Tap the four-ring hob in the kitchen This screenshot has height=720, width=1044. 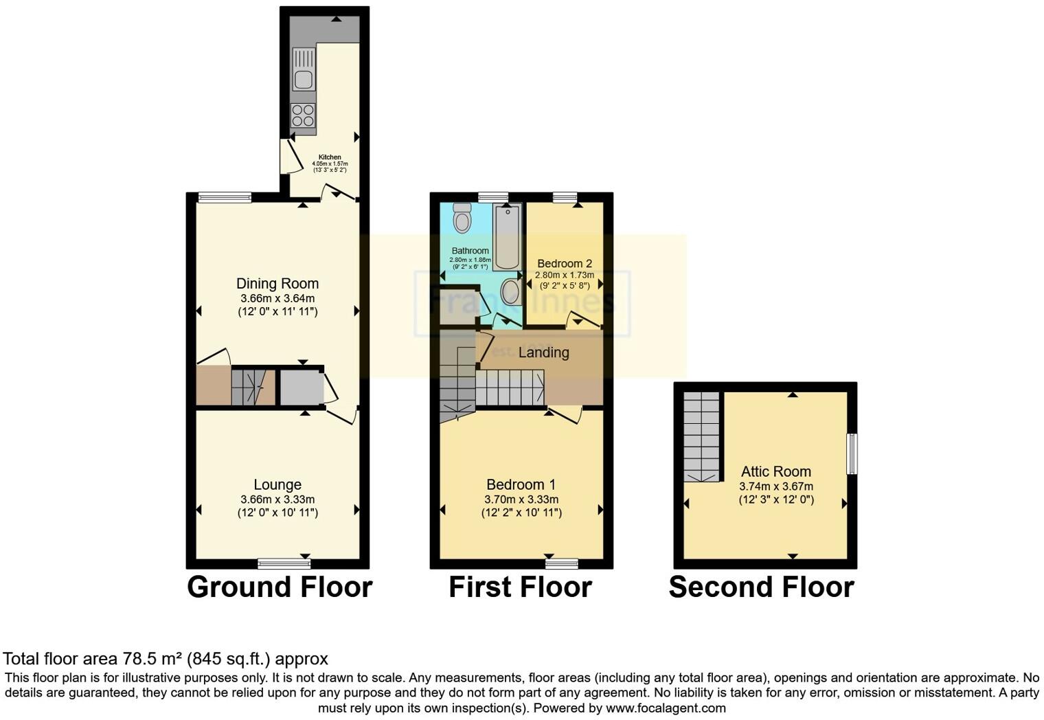(303, 115)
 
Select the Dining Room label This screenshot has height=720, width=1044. (277, 283)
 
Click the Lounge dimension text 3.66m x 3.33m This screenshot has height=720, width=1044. (277, 499)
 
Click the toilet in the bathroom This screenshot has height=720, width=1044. (462, 218)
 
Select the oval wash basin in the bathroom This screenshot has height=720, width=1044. (511, 291)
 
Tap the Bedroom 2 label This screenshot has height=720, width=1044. (565, 263)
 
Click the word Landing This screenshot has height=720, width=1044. (543, 352)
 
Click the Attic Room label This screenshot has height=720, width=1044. (775, 471)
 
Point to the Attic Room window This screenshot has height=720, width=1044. (852, 453)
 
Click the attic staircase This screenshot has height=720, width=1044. (701, 436)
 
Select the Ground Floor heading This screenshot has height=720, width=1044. (280, 587)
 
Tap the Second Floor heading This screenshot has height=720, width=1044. (761, 587)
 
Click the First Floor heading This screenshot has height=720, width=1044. (520, 587)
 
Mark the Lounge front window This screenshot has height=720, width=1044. (284, 564)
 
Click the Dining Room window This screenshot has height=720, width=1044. (225, 198)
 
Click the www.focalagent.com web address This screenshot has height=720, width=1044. (665, 708)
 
